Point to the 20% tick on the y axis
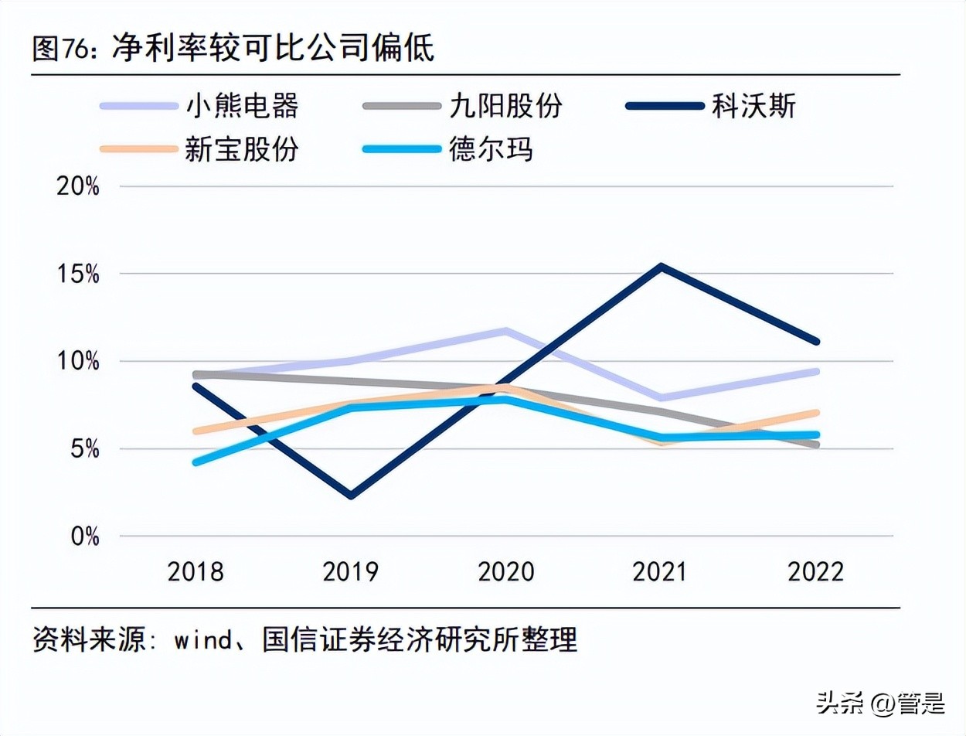78,187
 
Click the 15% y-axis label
78,274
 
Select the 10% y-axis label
78,362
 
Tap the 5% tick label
83,449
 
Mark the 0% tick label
83,537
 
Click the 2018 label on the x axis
196,572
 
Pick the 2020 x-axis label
506,572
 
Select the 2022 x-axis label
816,572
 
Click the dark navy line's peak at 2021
662,267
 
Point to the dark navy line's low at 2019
352,496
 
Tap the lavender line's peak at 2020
506,332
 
